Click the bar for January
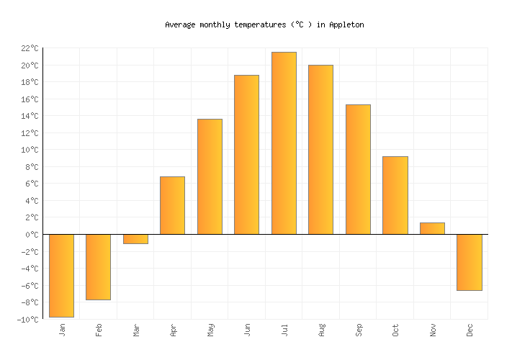point(62,275)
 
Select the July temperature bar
point(284,143)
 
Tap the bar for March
point(135,239)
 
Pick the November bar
point(432,228)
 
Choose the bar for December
point(470,262)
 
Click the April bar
point(172,205)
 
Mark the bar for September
point(358,169)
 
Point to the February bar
point(98,266)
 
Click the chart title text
point(264,24)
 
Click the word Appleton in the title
point(346,24)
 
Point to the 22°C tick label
point(29,48)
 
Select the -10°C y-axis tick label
point(27,320)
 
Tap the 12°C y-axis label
point(29,133)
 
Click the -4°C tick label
point(29,269)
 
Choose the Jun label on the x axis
point(247,330)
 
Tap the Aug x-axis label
point(321,330)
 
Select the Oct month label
point(395,330)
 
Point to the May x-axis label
point(210,330)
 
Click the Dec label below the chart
point(470,330)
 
